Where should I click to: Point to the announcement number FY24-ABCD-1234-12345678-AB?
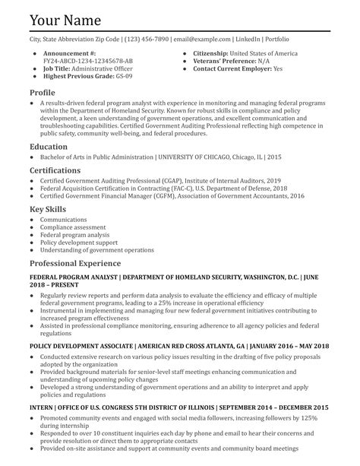tap(88, 61)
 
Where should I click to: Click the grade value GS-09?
tap(122, 76)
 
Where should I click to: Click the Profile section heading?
tap(43, 92)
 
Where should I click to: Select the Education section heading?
tap(49, 146)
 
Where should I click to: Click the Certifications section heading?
tap(55, 170)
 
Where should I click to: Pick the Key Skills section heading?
tap(47, 208)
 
